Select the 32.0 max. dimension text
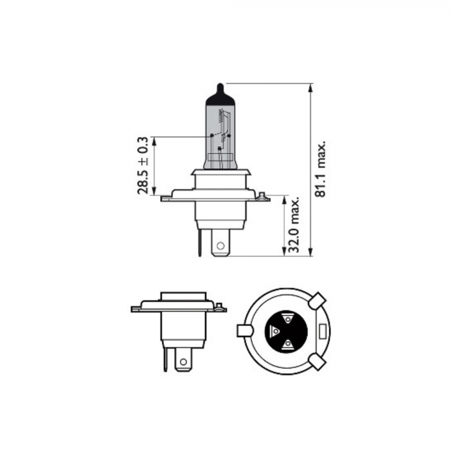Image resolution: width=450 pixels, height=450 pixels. point(296,226)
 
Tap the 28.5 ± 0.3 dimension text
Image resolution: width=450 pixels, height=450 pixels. point(143,165)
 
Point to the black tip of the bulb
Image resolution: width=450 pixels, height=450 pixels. point(220,88)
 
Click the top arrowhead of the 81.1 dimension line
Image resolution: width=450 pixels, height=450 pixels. point(312,87)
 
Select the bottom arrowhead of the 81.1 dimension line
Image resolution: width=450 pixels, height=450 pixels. point(312,253)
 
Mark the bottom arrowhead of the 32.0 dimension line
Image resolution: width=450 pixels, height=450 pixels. point(283,253)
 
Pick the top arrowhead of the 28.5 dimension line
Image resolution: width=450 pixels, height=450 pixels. point(155,140)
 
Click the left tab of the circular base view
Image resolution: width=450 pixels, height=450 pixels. point(244,330)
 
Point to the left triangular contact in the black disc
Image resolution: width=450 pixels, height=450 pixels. point(275,332)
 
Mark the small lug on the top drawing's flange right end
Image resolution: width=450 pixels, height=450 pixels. point(262,195)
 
